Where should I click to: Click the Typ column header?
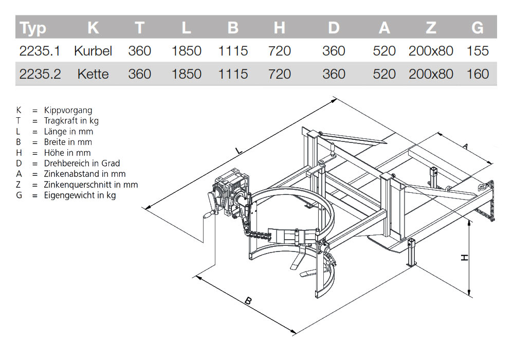(33, 28)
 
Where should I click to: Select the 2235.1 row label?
(40, 51)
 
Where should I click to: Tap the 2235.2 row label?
(40, 74)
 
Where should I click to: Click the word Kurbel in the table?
(93, 51)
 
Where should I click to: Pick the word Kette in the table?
(93, 74)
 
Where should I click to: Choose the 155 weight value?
(478, 51)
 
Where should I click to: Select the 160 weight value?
(478, 74)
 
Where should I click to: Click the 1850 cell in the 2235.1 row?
(186, 51)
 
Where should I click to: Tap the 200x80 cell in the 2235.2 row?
(431, 74)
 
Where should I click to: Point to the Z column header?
(431, 28)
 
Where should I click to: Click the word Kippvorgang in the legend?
(68, 110)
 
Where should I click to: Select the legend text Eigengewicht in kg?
(80, 195)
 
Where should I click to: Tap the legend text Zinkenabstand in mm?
(85, 174)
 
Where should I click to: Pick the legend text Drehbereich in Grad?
(82, 164)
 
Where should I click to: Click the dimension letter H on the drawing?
(465, 257)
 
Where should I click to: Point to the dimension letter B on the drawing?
(248, 301)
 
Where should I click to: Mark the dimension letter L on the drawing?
(238, 151)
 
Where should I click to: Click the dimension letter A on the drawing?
(465, 147)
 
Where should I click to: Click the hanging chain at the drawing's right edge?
(487, 206)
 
